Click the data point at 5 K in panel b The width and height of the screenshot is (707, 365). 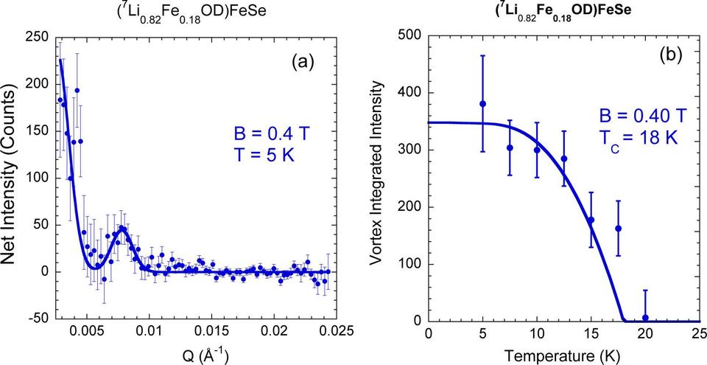pyautogui.click(x=483, y=104)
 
